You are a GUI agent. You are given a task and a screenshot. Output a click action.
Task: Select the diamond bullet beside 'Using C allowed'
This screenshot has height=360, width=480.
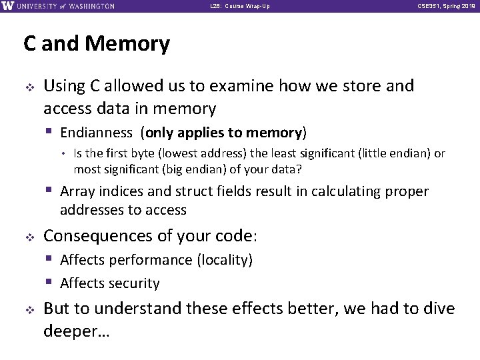pos(29,87)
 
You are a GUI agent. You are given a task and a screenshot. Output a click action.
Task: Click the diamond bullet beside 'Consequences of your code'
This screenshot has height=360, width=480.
pos(29,237)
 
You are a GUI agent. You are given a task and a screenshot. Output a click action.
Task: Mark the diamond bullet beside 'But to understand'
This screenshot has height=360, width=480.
pos(29,309)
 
